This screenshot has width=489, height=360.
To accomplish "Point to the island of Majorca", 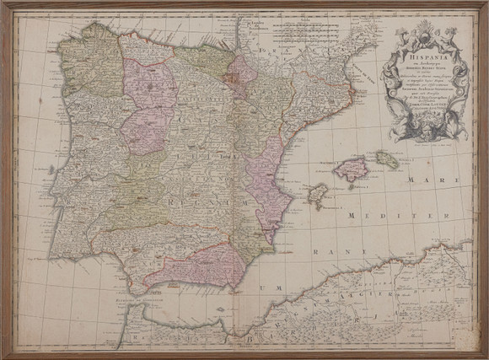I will point(351,169).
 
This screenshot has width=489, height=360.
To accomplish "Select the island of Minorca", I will point(387,159).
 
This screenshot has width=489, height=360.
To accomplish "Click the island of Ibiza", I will point(318,196).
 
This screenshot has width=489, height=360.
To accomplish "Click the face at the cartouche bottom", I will point(419,128).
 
